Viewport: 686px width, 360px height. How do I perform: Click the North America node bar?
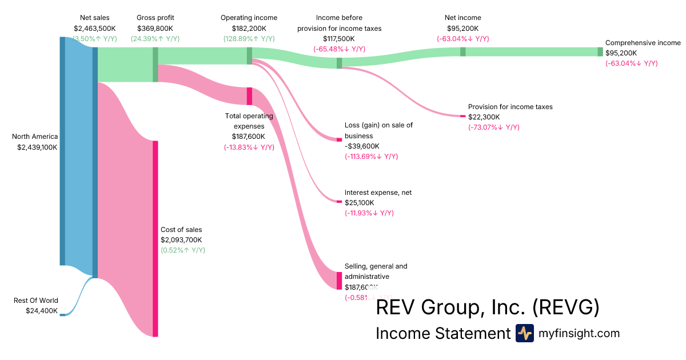tap(62, 151)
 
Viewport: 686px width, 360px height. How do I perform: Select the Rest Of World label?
tap(36, 301)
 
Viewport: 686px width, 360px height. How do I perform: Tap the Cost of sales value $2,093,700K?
tap(181, 240)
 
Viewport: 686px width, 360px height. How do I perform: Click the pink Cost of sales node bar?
tap(155, 238)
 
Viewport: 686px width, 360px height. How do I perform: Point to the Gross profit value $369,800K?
tap(155, 28)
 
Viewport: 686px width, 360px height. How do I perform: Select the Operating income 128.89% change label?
tap(249, 39)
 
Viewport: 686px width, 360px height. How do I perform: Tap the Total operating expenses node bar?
tap(249, 96)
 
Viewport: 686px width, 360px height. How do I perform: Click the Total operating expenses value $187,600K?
tap(249, 137)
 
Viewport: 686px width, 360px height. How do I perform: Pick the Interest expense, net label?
tap(378, 193)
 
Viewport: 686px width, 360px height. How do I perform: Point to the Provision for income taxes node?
tap(463, 116)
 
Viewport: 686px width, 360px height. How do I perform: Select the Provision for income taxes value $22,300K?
tap(484, 117)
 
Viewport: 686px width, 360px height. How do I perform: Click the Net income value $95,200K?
tap(462, 28)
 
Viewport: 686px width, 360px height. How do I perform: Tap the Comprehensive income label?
tap(643, 43)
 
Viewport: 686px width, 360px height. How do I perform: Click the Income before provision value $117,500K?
tap(338, 39)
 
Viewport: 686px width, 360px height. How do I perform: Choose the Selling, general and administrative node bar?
tap(339, 281)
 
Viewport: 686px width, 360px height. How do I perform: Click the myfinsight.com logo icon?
tap(524, 333)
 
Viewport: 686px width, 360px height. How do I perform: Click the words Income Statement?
tap(442, 333)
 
